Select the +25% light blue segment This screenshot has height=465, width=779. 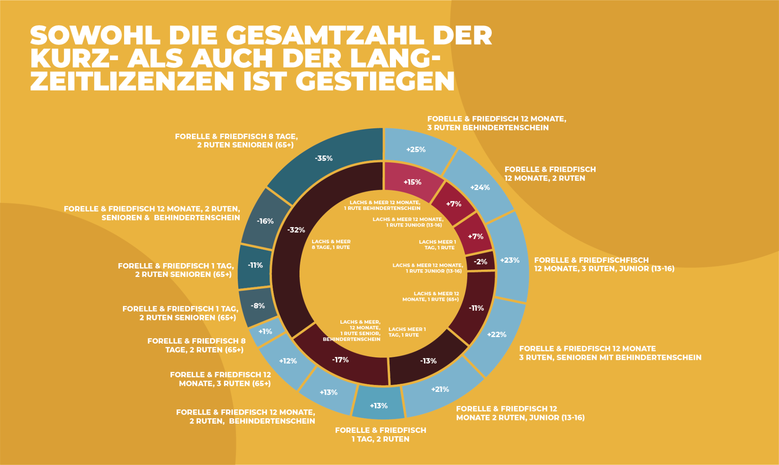click(416, 149)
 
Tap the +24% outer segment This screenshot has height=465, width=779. click(480, 188)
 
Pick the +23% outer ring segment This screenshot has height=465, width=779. click(510, 260)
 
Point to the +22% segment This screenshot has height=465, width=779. click(497, 335)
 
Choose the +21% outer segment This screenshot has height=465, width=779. click(440, 389)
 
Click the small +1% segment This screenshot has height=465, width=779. click(265, 332)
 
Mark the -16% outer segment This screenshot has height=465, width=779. click(265, 221)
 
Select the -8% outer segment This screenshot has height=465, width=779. click(258, 306)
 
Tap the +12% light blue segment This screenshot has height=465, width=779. click(288, 361)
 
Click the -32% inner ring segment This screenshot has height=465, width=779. click(296, 230)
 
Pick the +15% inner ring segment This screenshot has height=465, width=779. click(412, 182)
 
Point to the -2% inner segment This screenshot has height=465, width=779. click(480, 262)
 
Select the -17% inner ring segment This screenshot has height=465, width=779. click(340, 360)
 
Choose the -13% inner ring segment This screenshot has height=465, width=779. click(428, 361)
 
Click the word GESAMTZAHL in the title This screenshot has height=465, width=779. click(325, 35)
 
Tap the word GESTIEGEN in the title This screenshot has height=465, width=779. click(375, 81)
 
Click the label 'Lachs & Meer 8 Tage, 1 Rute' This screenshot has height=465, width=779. click(331, 244)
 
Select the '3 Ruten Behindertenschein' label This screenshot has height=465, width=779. click(488, 128)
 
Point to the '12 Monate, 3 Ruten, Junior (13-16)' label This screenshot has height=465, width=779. click(604, 269)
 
